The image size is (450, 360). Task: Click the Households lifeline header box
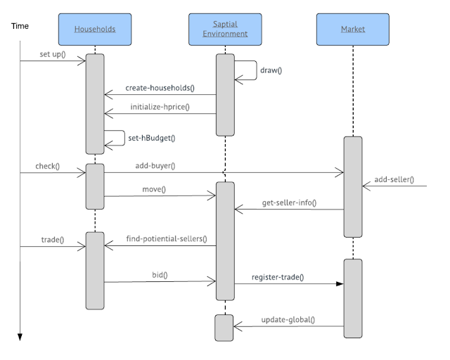tap(95, 29)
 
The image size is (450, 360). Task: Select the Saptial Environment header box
tap(224, 29)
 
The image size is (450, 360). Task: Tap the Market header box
tap(352, 29)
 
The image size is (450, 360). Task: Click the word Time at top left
tap(20, 26)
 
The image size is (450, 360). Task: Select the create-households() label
tap(160, 89)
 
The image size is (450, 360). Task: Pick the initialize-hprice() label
tap(160, 107)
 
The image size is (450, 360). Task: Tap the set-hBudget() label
tap(151, 139)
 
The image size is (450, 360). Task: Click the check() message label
tap(48, 167)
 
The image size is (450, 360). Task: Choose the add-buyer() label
tap(155, 166)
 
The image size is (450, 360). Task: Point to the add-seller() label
tap(394, 180)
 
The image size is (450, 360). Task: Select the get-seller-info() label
tap(288, 203)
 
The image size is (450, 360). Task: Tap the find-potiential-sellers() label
tap(166, 239)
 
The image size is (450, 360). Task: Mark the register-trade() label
tap(277, 277)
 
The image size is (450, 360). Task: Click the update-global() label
tap(288, 320)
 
